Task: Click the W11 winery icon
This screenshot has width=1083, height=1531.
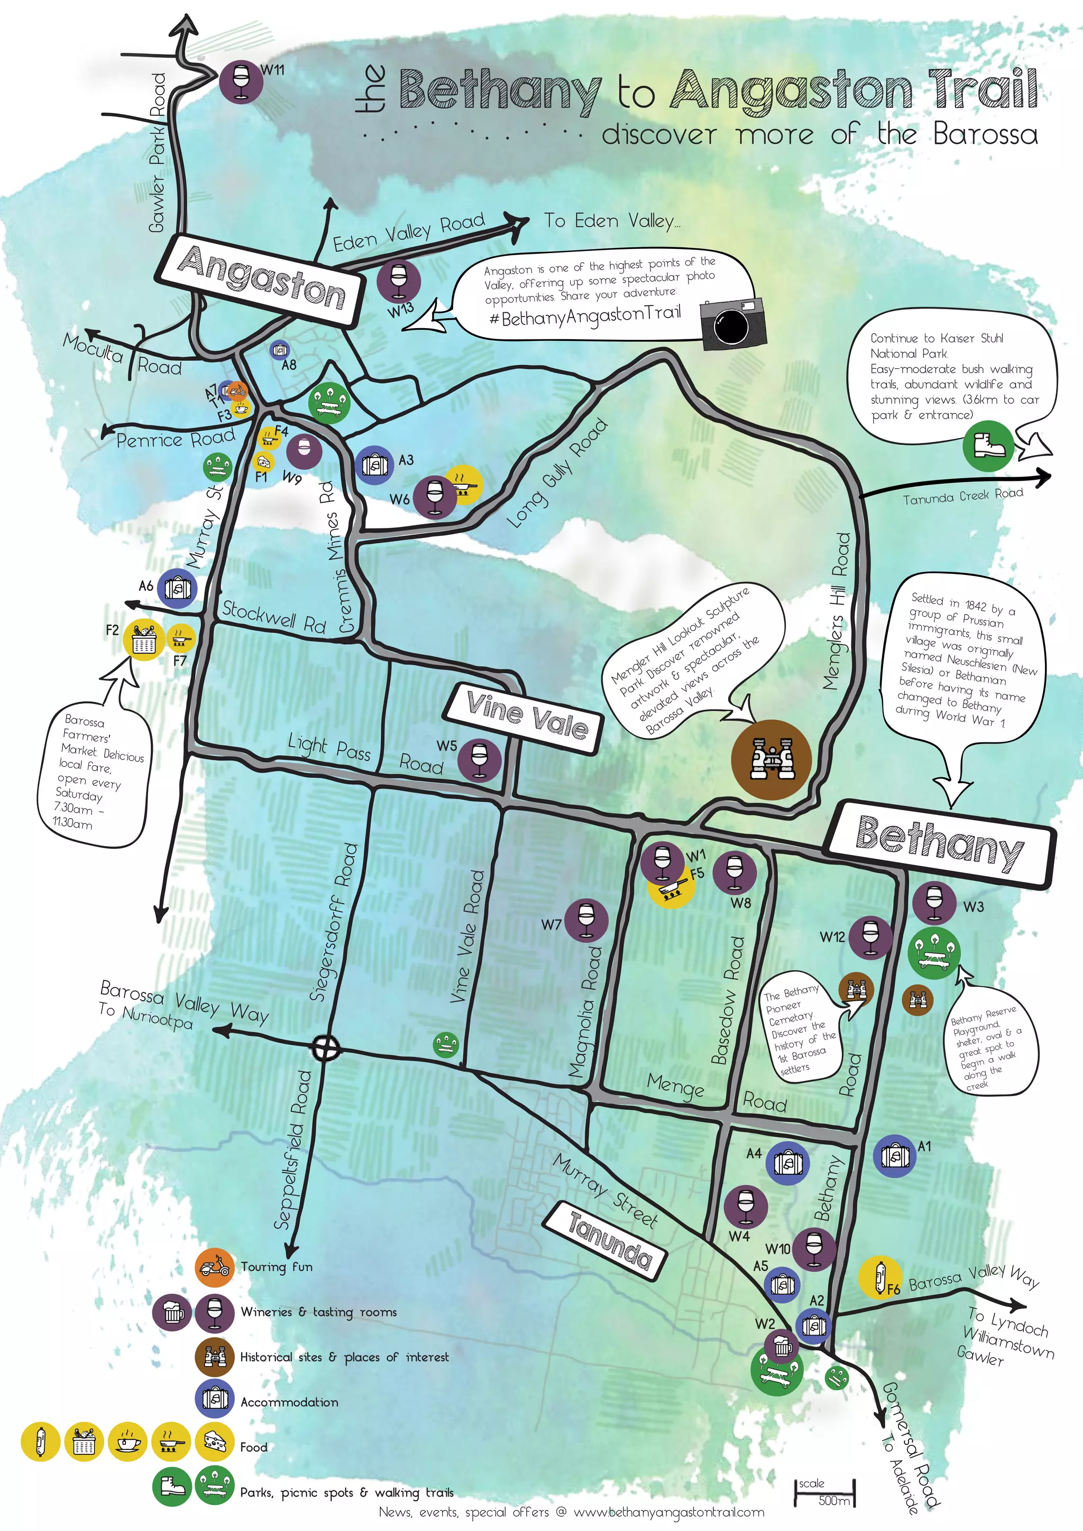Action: coord(241,81)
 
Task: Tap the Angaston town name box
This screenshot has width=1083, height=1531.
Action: coord(261,280)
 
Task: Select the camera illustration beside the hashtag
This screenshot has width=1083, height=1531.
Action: coord(733,323)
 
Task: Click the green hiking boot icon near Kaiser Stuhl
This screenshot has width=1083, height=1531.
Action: coord(988,446)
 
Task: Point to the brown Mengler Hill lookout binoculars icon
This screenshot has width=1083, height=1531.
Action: coord(772,759)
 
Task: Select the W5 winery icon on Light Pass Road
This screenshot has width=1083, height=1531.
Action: coord(479,759)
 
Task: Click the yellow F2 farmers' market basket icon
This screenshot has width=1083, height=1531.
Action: coord(143,639)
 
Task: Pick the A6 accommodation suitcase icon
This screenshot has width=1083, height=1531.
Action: coord(177,588)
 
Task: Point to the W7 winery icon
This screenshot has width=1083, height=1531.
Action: coord(586,920)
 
